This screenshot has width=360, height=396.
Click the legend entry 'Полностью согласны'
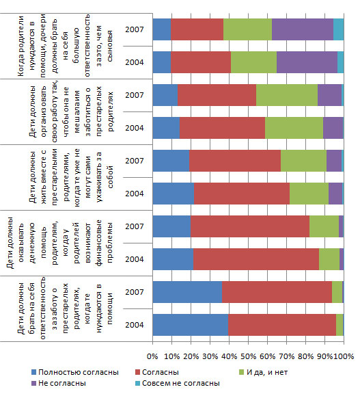(x=75, y=372)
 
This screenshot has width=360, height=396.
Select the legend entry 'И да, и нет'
(x=263, y=372)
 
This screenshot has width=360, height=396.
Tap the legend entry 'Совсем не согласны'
(x=178, y=383)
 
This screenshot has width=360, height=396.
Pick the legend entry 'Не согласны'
(x=59, y=383)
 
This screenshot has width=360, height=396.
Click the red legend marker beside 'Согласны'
(x=137, y=372)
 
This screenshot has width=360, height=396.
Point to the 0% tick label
(x=152, y=356)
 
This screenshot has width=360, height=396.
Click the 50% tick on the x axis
(x=248, y=356)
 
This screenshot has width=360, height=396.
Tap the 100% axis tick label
(x=344, y=356)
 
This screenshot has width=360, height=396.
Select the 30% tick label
(x=210, y=356)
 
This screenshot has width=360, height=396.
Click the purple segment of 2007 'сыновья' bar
(x=303, y=29)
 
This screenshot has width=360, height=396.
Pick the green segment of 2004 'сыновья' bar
(x=253, y=62)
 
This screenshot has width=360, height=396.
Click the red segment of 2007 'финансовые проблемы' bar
(x=250, y=226)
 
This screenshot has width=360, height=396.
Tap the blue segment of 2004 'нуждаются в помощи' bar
(x=191, y=325)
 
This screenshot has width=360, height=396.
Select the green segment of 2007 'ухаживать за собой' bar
(x=303, y=161)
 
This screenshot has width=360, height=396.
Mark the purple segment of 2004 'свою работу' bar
(x=333, y=128)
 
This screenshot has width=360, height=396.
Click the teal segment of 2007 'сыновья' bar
(x=339, y=29)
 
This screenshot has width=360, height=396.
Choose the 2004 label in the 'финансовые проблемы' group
(x=134, y=259)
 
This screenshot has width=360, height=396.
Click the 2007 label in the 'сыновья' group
(x=134, y=29)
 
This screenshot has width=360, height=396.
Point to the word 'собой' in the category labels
(x=110, y=177)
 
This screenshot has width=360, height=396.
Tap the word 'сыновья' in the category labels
(x=110, y=47)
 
